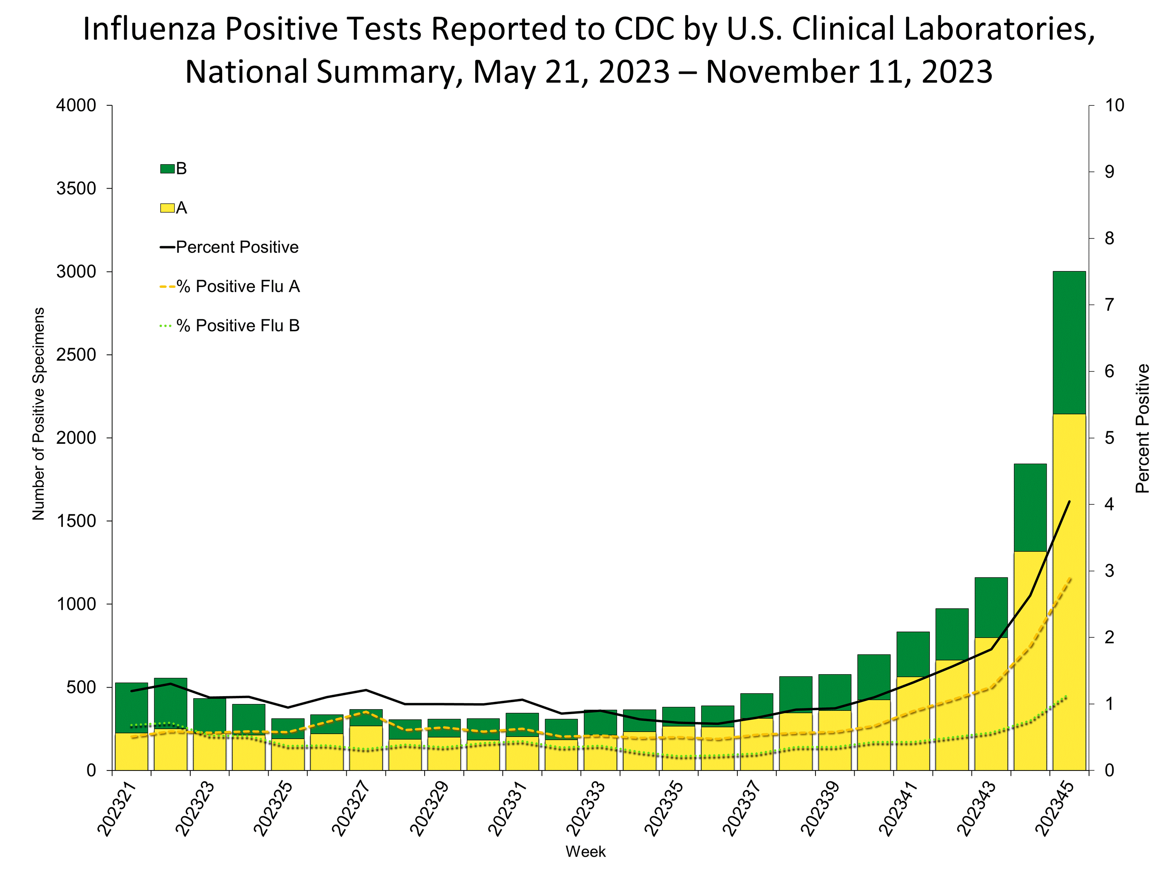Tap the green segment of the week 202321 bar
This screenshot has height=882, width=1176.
click(131, 707)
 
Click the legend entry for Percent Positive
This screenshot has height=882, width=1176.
click(236, 247)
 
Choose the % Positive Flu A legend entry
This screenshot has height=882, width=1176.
click(238, 287)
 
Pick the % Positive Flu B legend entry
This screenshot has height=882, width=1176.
click(238, 325)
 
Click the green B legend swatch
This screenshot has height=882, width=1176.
click(167, 169)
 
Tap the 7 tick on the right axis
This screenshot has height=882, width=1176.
click(1109, 305)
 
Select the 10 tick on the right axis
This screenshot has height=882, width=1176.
click(1114, 105)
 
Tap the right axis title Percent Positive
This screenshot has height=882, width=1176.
click(1142, 428)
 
